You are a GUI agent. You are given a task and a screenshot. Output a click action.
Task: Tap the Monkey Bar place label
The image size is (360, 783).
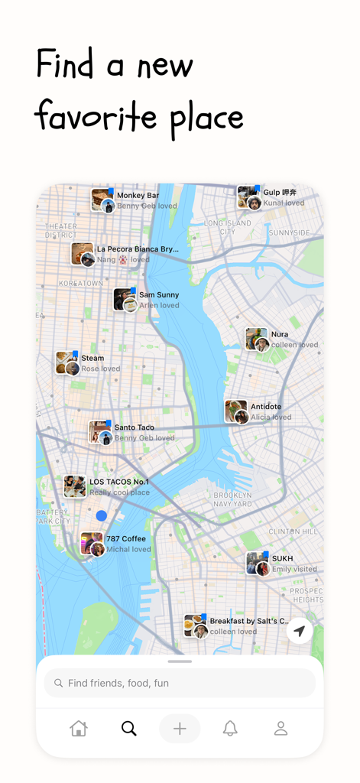point(138,196)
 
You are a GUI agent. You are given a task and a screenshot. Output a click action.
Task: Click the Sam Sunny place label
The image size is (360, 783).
point(159,295)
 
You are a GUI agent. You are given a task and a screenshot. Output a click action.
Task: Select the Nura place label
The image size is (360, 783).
point(279,335)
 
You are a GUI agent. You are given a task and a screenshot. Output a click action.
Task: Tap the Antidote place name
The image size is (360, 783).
point(266,407)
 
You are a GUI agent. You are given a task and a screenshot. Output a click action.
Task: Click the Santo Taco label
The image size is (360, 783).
point(134,427)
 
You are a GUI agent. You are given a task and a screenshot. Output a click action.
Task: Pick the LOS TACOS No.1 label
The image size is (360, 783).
point(119,482)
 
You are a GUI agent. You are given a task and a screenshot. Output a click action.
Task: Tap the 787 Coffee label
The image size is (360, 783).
point(125,539)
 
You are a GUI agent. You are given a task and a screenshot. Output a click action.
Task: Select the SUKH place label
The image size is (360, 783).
point(282,559)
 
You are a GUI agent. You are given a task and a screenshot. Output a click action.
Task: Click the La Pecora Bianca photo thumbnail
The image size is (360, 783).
point(82,254)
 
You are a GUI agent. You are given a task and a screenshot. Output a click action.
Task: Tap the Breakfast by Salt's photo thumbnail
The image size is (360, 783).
point(195,625)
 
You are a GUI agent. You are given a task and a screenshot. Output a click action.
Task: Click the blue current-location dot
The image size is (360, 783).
point(101,516)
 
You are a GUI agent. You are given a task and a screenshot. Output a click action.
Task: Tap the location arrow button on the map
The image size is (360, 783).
point(300,632)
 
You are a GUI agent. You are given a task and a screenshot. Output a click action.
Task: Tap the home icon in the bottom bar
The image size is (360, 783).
point(79,729)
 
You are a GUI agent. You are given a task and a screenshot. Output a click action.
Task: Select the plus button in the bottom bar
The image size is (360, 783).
point(180,729)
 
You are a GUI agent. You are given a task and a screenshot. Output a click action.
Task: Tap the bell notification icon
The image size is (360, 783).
point(230,729)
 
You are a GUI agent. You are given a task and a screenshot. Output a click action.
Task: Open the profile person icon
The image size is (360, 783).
point(281,729)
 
